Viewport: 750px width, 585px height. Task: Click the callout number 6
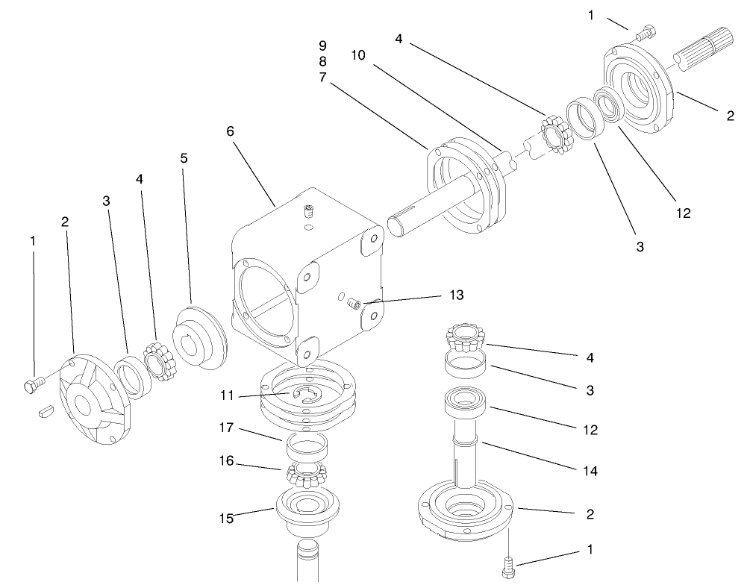coord(231,131)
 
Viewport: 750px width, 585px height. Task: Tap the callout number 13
coord(457,295)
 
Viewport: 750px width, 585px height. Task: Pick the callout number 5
coord(184,158)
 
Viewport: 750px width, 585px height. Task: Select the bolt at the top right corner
coord(646,33)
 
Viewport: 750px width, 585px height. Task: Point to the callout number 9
coord(322,46)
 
